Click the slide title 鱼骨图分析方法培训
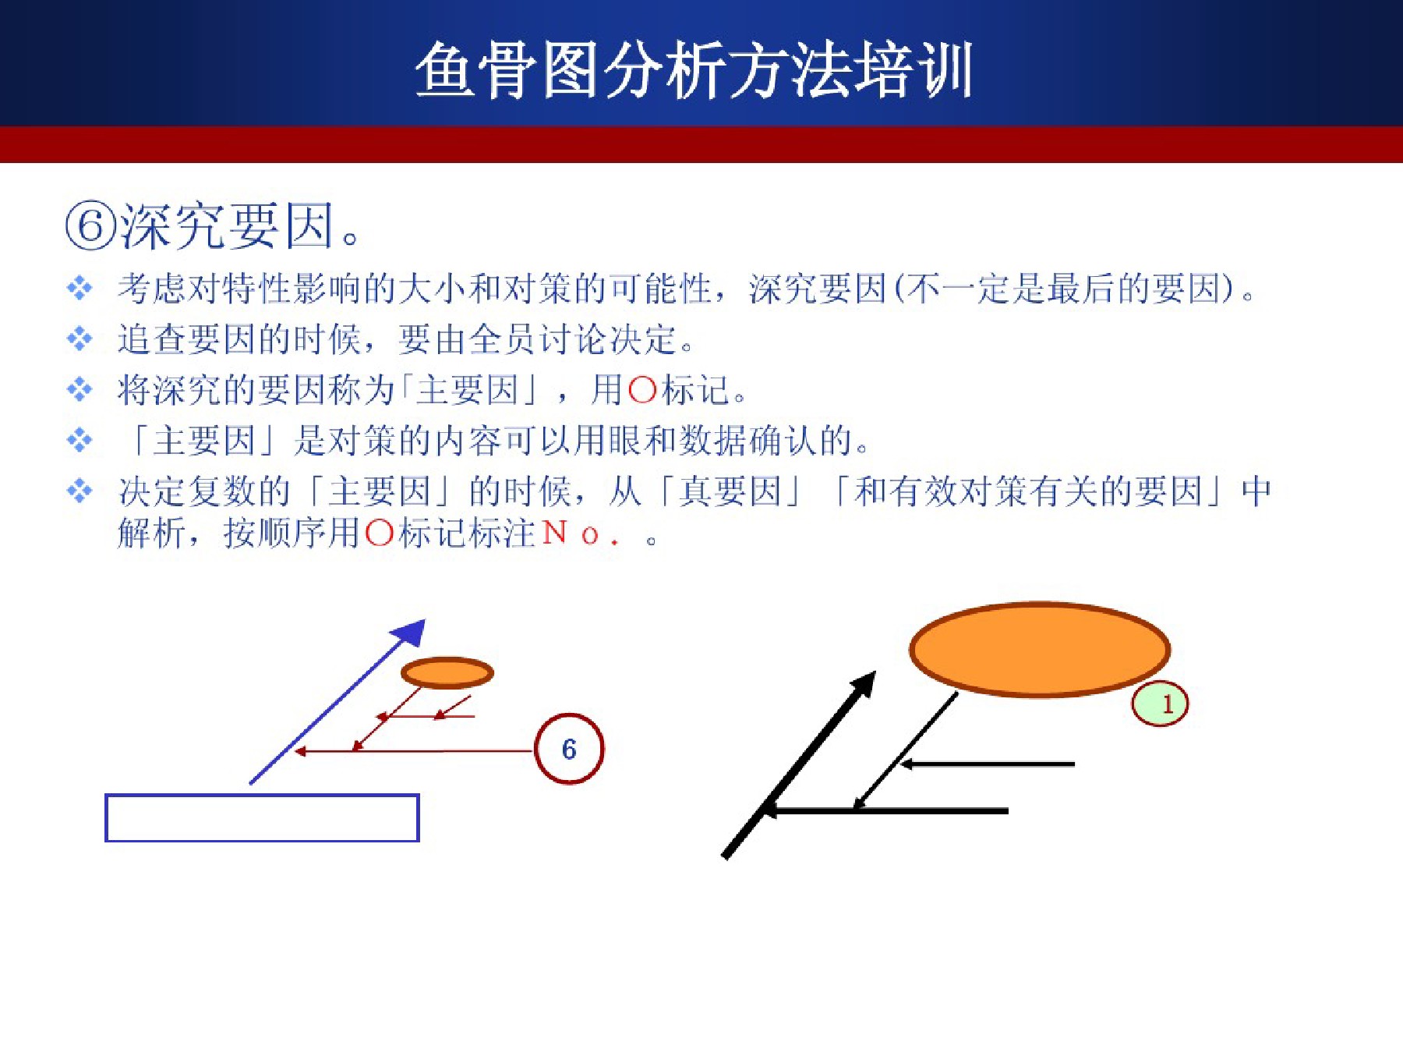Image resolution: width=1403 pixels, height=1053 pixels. click(x=694, y=70)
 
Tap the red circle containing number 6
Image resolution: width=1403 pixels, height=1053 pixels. click(x=569, y=749)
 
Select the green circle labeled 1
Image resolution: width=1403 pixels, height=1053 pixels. click(x=1160, y=704)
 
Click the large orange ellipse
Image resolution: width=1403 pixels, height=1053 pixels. click(x=1040, y=648)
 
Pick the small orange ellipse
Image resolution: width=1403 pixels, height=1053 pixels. click(x=447, y=672)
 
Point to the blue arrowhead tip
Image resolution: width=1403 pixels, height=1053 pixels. click(x=425, y=619)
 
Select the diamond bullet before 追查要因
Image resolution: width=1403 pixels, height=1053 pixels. click(x=80, y=339)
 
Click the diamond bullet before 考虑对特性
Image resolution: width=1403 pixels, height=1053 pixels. click(x=80, y=288)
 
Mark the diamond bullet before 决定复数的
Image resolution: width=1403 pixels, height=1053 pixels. click(x=80, y=491)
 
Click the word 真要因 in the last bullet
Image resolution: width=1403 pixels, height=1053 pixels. click(x=730, y=491)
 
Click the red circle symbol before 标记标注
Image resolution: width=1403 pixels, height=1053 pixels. click(x=379, y=534)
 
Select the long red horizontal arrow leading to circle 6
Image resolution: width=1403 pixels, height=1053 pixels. click(x=414, y=751)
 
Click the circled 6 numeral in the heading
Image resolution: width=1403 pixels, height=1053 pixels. click(x=90, y=226)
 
